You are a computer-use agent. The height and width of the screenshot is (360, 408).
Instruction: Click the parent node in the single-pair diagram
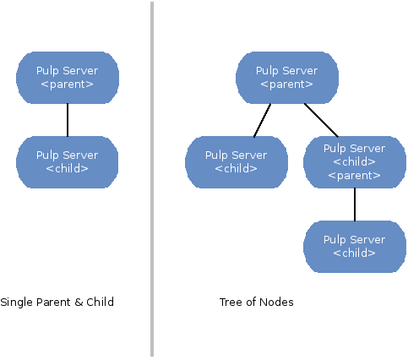point(68,78)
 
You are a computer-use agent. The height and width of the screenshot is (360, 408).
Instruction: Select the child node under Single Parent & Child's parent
point(68,161)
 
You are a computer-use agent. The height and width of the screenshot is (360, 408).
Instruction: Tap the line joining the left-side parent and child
point(68,119)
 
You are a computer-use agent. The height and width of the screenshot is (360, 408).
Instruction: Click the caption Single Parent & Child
point(57,302)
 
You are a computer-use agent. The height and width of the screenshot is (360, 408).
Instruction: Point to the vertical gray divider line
point(153,179)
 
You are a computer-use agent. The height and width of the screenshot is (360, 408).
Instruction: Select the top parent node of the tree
point(287,78)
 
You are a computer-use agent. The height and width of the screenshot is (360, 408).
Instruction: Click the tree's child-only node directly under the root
point(236,161)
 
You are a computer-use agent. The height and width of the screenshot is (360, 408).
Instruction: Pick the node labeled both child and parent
point(354,161)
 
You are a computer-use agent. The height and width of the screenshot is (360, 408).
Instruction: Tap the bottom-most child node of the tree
point(354,246)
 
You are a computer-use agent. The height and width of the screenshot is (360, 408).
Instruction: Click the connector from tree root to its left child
point(262,120)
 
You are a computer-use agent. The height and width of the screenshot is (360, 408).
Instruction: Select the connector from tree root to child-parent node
point(321,119)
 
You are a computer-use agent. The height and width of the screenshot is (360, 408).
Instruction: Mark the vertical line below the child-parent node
point(354,204)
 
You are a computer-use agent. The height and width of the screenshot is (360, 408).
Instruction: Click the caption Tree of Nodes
point(256,302)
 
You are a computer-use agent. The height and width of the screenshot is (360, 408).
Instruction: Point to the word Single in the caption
point(16,302)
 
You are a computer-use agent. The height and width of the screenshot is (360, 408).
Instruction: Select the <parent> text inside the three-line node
point(354,176)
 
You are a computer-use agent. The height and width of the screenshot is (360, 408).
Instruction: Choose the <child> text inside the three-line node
point(354,162)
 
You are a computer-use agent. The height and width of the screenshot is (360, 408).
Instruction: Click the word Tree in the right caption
point(231,302)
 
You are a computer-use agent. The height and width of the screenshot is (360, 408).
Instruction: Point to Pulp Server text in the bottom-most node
point(354,239)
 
